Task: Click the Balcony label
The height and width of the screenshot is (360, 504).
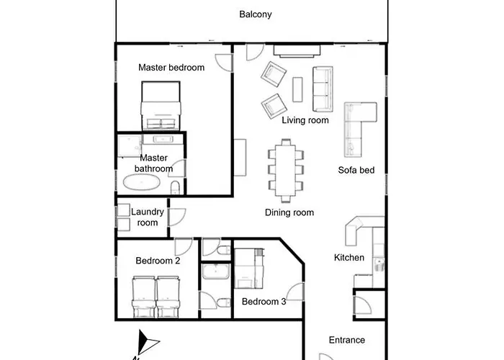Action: tap(256, 14)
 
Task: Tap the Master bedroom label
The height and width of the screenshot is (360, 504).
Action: tap(171, 68)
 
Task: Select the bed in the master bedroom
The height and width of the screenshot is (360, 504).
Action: tap(161, 103)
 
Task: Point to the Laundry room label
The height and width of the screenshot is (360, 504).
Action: tap(148, 217)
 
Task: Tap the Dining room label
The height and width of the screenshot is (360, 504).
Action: tap(289, 212)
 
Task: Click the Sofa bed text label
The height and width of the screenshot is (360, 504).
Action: tap(356, 171)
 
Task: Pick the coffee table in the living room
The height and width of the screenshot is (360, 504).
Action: tap(298, 89)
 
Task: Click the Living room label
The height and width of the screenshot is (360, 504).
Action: tap(305, 120)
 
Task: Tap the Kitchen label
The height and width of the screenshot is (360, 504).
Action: tap(348, 258)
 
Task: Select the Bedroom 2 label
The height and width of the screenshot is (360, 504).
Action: tap(158, 261)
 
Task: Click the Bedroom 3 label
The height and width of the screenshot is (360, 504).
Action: tap(264, 302)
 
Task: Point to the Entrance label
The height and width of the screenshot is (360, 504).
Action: tap(346, 340)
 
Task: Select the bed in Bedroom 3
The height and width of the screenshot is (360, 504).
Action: tap(249, 266)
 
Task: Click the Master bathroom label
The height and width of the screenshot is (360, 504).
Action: tap(153, 163)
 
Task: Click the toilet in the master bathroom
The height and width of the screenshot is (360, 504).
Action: tap(176, 189)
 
